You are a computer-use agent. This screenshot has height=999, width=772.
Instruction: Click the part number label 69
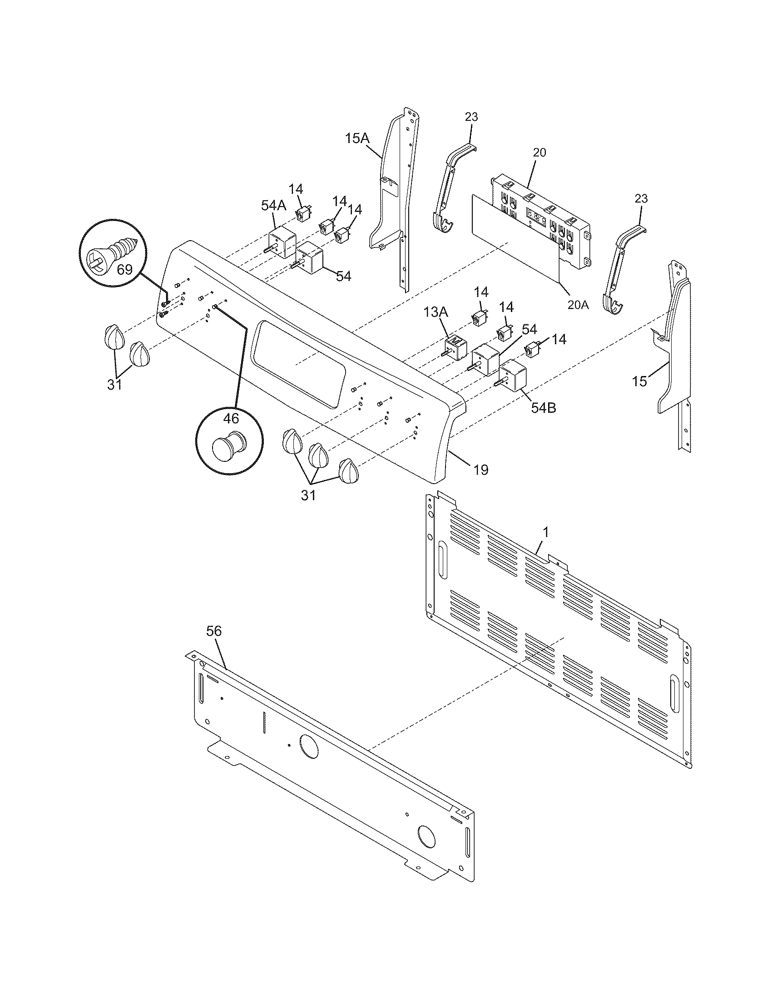coord(124,269)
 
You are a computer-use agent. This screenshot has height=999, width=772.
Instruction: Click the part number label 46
coord(231,418)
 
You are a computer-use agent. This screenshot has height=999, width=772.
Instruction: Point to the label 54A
coord(273,206)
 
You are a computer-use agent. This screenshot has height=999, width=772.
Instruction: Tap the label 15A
coord(357,138)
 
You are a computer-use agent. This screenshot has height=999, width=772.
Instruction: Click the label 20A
coord(578,304)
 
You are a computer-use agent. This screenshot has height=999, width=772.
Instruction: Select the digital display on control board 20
coord(536,216)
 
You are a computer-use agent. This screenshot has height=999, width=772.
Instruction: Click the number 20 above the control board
coord(539,152)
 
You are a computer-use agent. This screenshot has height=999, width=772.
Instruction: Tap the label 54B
coord(543,408)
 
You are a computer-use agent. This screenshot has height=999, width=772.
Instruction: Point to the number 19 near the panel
coord(480,470)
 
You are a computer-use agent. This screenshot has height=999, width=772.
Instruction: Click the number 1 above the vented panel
coord(545,532)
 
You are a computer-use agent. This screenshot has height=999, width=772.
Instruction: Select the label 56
coord(213,631)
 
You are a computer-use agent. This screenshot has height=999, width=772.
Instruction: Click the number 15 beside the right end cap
coord(640,381)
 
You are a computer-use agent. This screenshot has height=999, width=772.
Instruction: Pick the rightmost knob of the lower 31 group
coord(349,471)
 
